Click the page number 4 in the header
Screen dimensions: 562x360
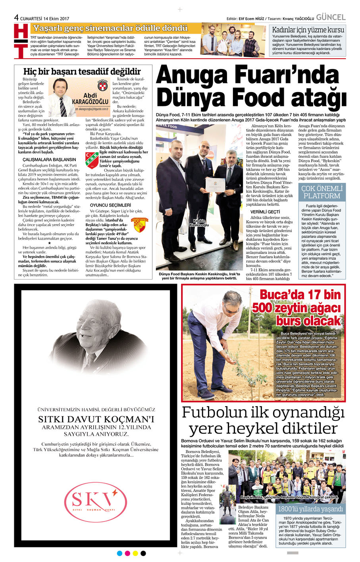tap(16, 17)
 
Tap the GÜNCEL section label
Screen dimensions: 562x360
tap(331, 17)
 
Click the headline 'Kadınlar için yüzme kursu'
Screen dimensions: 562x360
tap(308, 30)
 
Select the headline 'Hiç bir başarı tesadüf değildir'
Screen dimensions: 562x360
tap(82, 71)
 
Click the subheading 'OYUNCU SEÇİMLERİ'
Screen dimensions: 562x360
tap(105, 205)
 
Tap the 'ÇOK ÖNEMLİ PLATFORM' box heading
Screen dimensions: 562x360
tap(321, 192)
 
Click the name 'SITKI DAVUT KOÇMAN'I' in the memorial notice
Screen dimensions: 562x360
tap(96, 419)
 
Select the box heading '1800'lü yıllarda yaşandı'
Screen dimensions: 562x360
tap(310, 509)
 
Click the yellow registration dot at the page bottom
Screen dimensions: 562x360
tap(135, 553)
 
